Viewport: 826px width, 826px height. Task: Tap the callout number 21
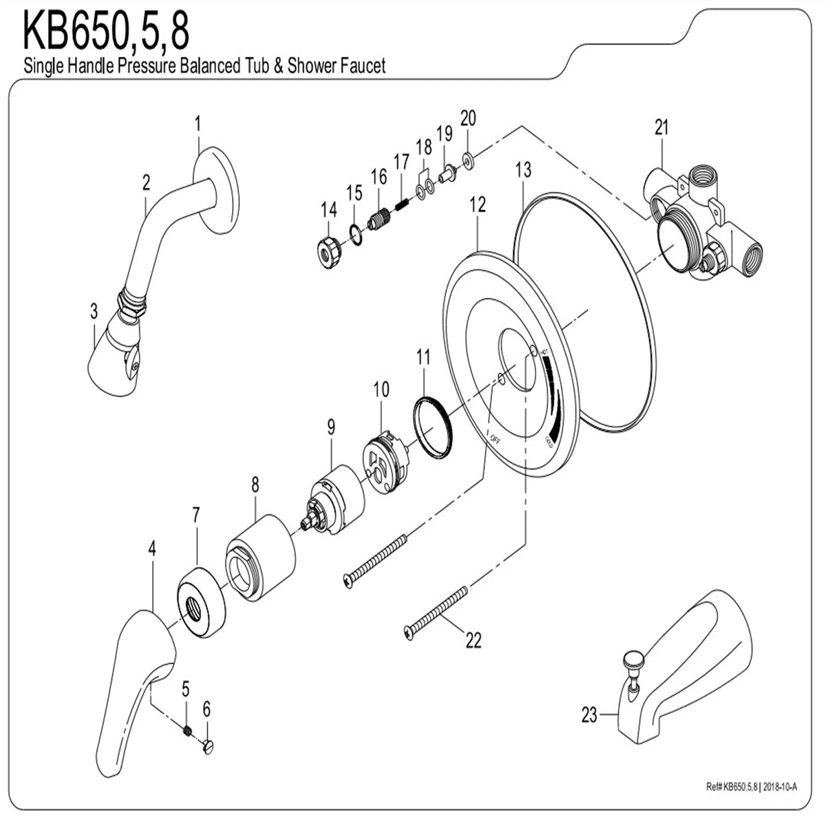tap(661, 127)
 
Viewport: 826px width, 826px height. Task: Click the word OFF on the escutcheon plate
tap(495, 437)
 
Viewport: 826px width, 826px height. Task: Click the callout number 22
tap(474, 640)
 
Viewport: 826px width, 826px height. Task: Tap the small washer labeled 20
tap(468, 161)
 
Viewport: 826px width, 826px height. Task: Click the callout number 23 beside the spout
tap(589, 715)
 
